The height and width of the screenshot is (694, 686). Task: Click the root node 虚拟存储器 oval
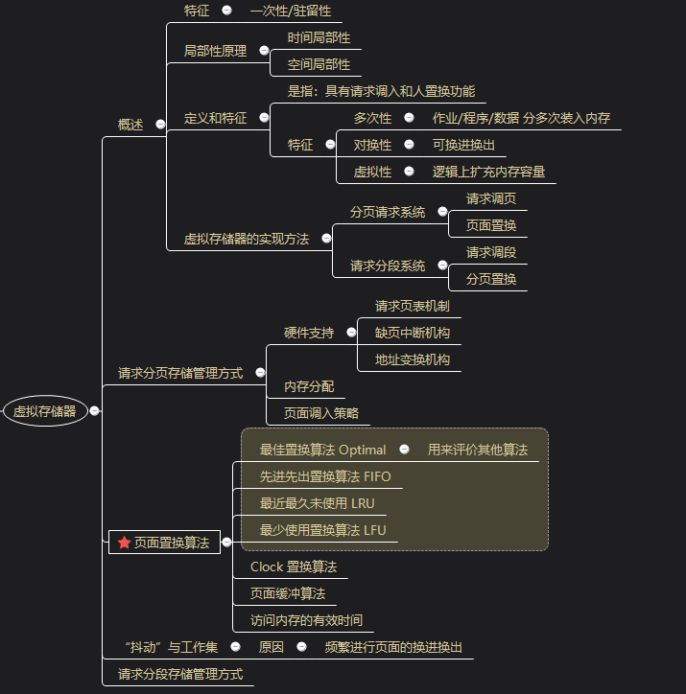click(x=45, y=411)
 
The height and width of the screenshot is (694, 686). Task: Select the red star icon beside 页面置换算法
click(x=124, y=543)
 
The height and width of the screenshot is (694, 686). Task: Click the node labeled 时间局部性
click(x=319, y=37)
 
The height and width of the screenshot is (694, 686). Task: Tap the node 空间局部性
click(x=319, y=64)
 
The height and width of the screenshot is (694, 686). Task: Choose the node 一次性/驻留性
click(x=290, y=11)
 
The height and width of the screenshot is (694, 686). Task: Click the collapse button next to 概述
click(x=160, y=124)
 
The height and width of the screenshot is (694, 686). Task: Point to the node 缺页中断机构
click(x=412, y=333)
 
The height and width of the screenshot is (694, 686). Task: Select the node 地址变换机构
click(x=412, y=359)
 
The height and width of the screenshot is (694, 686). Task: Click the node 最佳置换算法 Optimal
click(x=322, y=450)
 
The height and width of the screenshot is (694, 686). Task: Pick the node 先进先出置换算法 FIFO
click(x=325, y=476)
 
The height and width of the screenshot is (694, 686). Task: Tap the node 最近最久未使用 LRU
click(x=317, y=503)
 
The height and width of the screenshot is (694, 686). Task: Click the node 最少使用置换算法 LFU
click(x=322, y=530)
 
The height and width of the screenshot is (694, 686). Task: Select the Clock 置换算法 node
click(x=293, y=567)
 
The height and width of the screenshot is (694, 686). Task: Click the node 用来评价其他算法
click(x=477, y=450)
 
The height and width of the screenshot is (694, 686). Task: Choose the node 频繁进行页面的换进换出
click(x=393, y=647)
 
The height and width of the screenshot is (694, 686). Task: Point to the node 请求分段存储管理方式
click(x=179, y=674)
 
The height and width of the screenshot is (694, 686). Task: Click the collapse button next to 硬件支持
click(x=351, y=333)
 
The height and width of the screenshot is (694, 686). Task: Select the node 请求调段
click(x=491, y=252)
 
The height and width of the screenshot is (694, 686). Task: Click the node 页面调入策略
click(x=320, y=413)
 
